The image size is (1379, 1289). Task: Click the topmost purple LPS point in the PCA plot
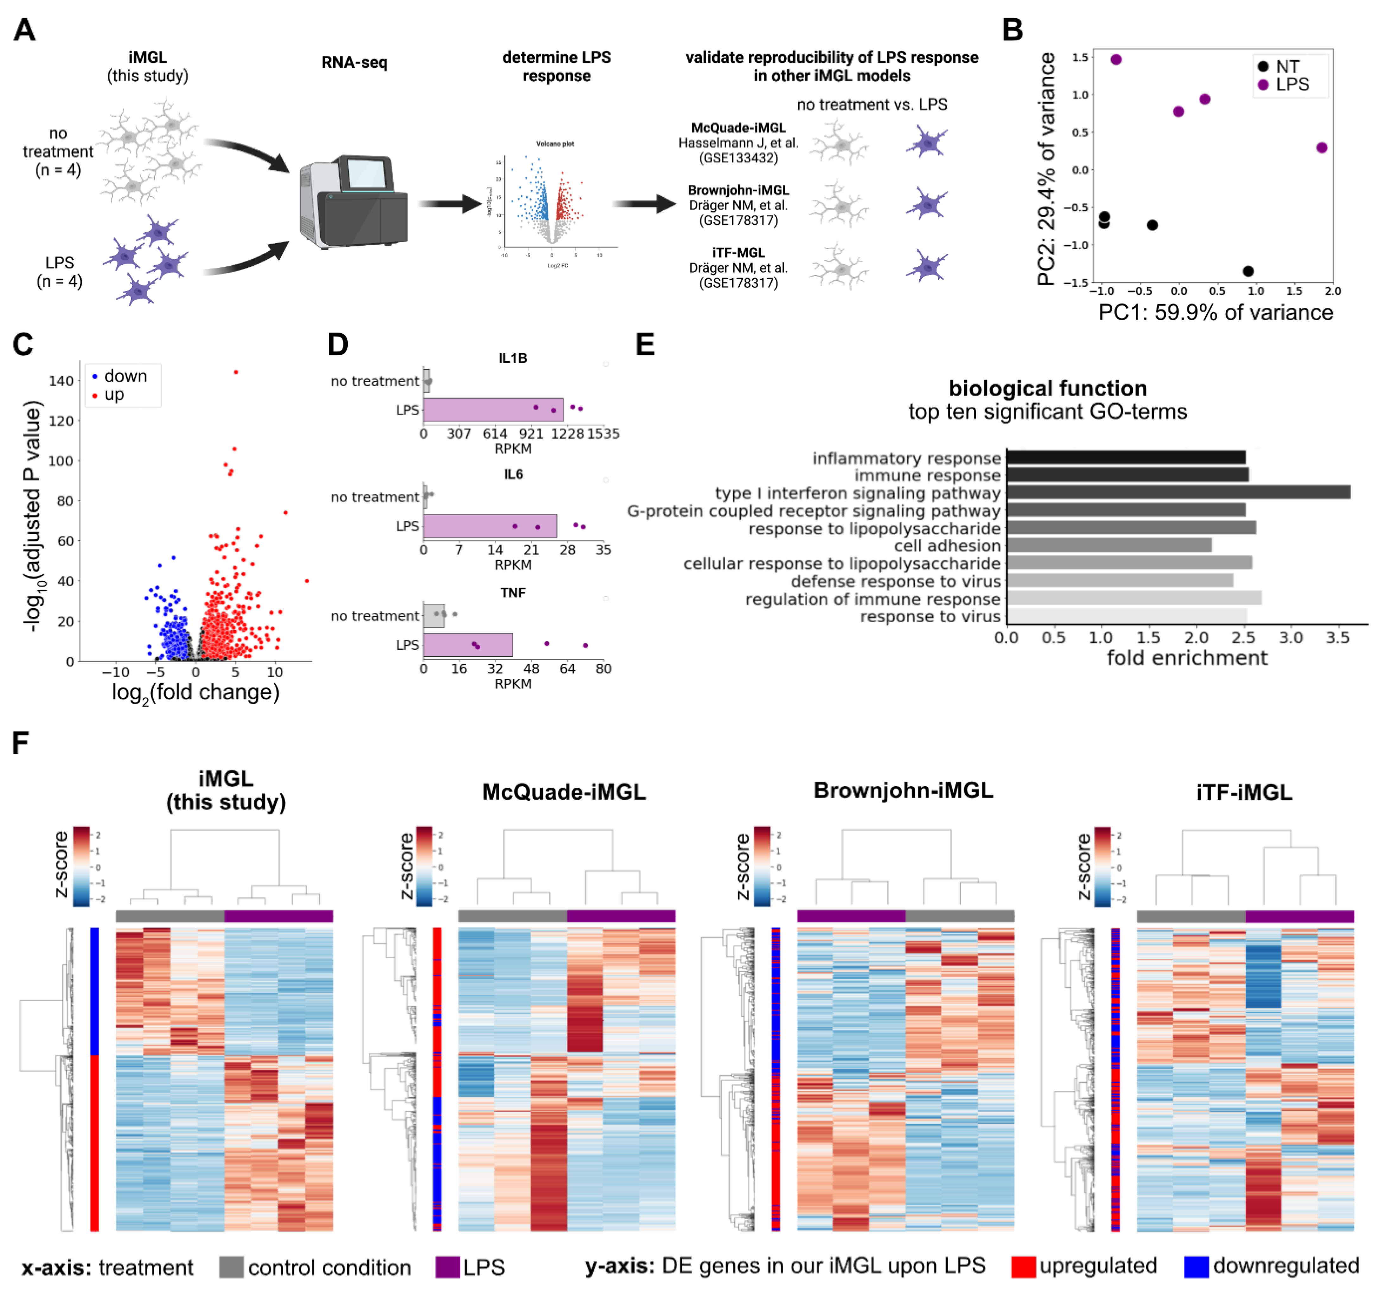1116,60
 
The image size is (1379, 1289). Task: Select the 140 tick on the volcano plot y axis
61,381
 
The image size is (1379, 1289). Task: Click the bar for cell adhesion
1108,546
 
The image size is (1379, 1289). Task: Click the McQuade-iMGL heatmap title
564,792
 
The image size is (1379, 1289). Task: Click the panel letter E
645,345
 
